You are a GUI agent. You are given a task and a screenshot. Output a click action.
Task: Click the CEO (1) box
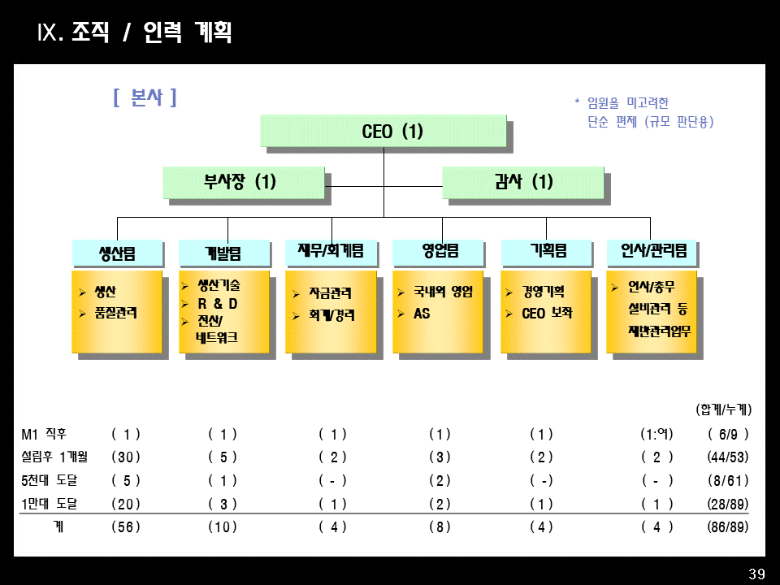pos(383,132)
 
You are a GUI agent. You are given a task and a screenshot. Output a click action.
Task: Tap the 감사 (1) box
pos(522,182)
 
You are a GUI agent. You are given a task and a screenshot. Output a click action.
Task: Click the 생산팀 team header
pos(117,253)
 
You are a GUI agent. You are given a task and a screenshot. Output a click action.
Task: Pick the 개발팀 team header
pos(223,253)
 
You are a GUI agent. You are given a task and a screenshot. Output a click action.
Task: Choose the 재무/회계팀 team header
pos(331,252)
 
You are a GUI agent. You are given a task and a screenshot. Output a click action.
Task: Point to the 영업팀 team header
pos(439,252)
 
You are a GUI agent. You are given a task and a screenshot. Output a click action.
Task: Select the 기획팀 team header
pos(547,252)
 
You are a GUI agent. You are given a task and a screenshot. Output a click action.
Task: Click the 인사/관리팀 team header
pos(652,252)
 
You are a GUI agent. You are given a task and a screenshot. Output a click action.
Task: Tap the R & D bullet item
pos(218,304)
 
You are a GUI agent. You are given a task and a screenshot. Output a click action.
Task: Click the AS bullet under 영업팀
pos(422,313)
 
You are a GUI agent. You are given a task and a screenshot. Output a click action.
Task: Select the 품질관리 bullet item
pos(115,313)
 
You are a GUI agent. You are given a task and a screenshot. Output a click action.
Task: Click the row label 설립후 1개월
pos(54,457)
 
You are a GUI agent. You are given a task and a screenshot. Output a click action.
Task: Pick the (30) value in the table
pos(126,457)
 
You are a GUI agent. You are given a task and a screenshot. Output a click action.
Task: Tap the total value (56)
pos(126,527)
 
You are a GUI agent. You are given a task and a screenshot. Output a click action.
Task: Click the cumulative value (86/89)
pos(728,527)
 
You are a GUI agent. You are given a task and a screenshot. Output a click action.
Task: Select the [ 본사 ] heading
pos(145,98)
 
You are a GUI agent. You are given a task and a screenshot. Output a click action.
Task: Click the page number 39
pos(756,574)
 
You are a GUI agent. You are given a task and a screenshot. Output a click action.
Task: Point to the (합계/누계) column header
pos(724,409)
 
